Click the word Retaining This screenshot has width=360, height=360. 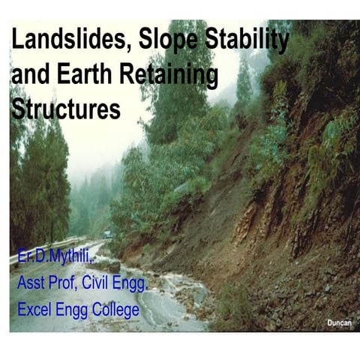tap(169, 76)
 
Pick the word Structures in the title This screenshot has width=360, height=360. tap(66, 110)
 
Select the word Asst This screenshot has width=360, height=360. tap(34, 284)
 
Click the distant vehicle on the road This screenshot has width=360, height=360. tap(109, 235)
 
